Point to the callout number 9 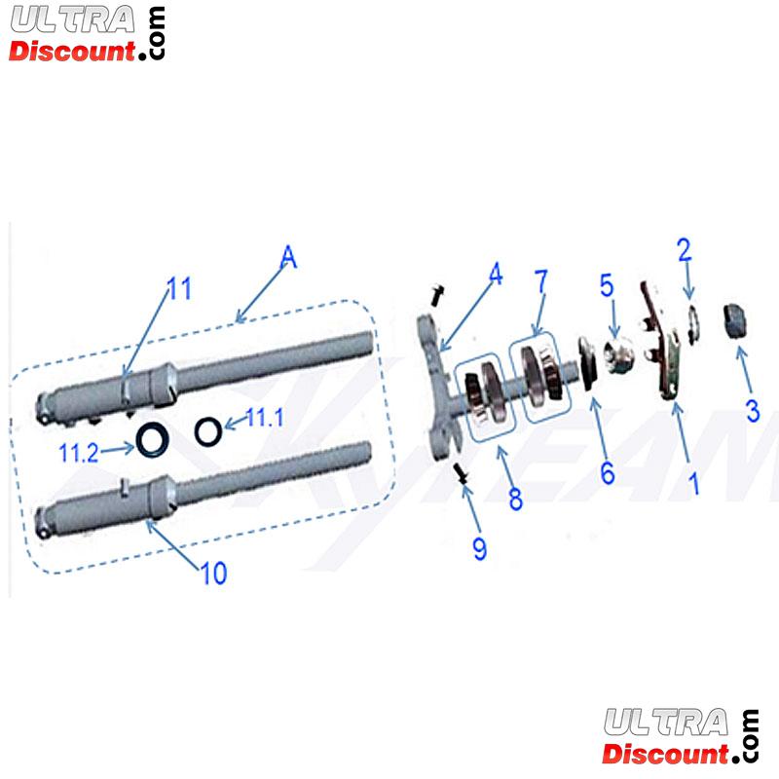(479, 548)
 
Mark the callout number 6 (607, 473)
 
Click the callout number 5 (606, 286)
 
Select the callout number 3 (752, 411)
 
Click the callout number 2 (685, 250)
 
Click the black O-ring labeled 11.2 (151, 441)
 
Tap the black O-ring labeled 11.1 (207, 429)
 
